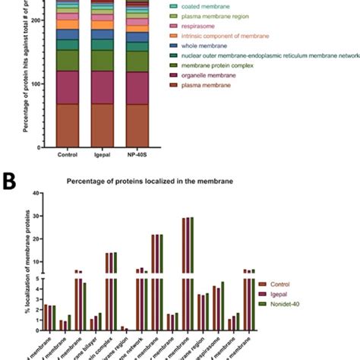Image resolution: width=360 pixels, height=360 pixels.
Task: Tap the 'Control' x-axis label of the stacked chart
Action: pos(68,154)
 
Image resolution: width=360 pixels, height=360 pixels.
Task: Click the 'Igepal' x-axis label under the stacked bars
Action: pos(103,154)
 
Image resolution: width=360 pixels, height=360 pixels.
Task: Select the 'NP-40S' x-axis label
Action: pos(137,154)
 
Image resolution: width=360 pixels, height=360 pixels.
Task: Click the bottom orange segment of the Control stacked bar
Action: pos(68,125)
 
